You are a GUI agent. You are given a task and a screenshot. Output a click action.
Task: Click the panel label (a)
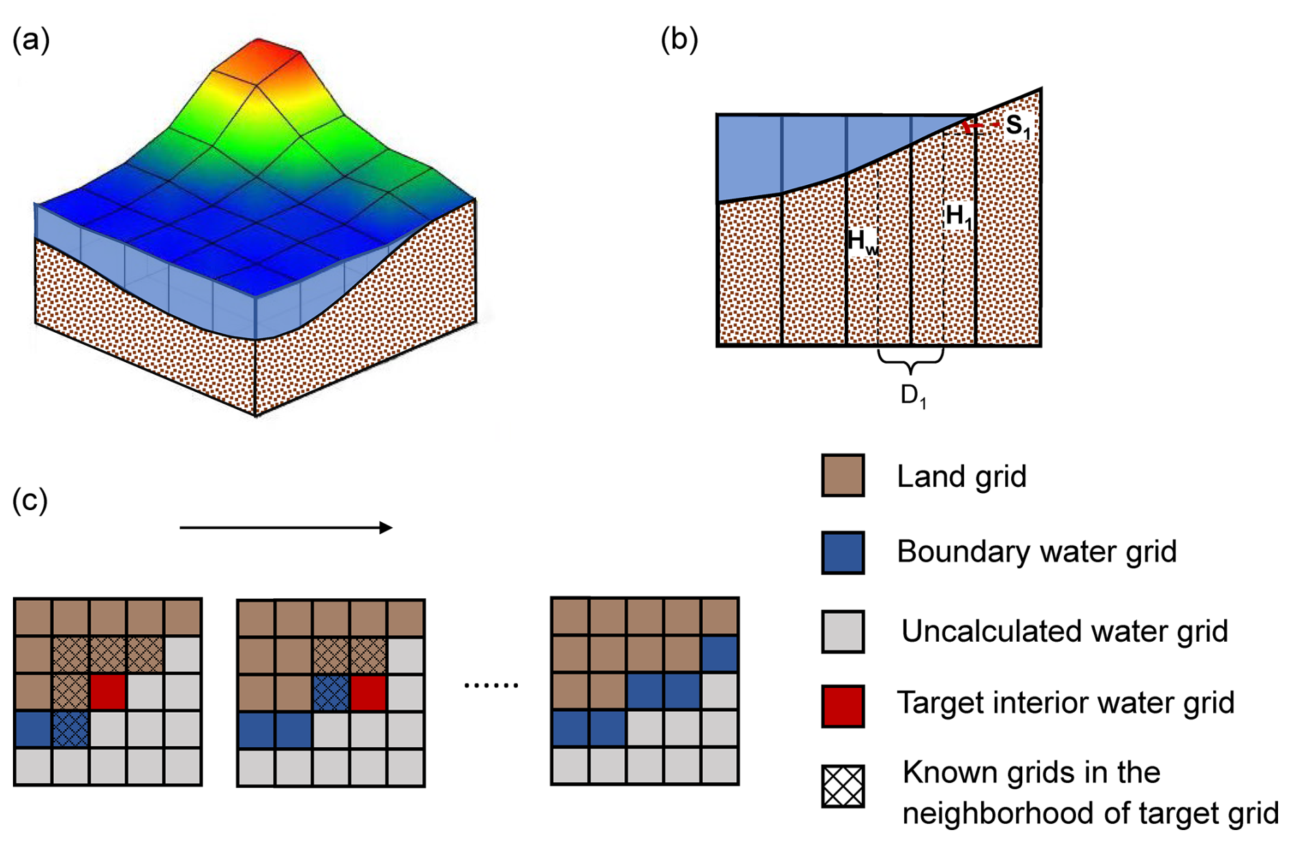31,40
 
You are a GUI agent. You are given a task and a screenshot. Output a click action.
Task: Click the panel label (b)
679,40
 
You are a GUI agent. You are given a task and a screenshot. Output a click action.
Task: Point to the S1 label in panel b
1017,126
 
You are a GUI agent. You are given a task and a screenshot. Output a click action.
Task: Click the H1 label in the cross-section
958,216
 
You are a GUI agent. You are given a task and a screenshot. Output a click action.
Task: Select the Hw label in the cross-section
862,241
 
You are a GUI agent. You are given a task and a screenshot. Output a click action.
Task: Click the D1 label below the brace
913,396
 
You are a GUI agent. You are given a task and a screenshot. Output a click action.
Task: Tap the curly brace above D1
911,360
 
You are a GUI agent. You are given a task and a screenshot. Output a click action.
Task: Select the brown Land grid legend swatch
843,475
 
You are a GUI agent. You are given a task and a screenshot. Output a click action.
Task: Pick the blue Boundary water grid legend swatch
843,552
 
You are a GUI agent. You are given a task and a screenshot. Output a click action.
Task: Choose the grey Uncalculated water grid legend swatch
843,632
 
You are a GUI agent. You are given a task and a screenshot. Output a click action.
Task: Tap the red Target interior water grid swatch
843,706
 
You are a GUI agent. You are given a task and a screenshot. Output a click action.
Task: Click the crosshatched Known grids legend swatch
843,786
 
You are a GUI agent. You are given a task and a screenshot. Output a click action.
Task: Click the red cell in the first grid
108,692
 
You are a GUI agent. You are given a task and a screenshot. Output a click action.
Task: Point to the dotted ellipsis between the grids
491,685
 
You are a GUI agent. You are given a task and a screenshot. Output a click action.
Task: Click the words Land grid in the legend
961,476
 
